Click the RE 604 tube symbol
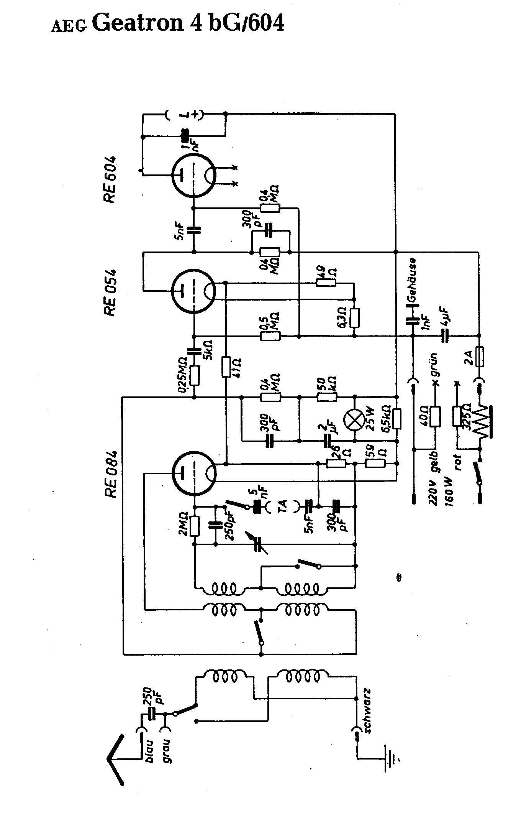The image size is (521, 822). [193, 176]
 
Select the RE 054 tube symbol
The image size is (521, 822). [193, 292]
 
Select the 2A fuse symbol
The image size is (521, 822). [479, 357]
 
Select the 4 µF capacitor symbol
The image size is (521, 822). [444, 337]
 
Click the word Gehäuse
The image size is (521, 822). [412, 279]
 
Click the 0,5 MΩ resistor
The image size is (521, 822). [270, 337]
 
